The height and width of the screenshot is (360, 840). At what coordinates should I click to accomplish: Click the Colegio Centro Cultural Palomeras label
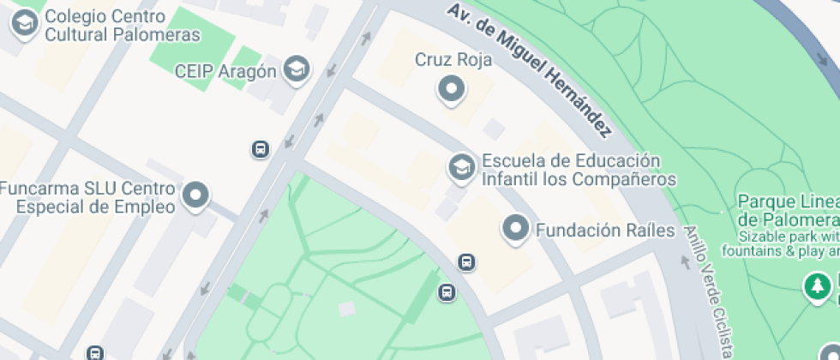(122, 25)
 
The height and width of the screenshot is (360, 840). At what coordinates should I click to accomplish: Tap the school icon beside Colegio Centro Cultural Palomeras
(25, 24)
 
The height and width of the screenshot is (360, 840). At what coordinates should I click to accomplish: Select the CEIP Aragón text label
(225, 71)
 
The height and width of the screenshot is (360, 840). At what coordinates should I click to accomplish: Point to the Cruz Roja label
(453, 59)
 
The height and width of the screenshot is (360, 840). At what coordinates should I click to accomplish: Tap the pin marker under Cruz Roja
(451, 88)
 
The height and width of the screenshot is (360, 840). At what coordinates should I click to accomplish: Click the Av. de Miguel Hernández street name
(531, 69)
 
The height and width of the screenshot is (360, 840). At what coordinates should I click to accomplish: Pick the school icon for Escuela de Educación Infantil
(462, 167)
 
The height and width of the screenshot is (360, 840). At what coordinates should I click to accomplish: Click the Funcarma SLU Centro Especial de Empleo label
(87, 197)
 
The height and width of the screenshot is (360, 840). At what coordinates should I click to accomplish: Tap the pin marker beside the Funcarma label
(197, 195)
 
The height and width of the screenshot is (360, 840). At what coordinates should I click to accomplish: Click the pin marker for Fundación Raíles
(515, 228)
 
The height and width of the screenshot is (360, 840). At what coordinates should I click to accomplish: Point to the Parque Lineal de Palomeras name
(788, 209)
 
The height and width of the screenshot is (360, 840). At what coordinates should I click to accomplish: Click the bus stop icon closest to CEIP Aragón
(261, 150)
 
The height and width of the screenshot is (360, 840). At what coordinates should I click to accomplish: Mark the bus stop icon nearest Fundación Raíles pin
(466, 261)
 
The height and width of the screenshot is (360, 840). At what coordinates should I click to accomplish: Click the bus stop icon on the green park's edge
(447, 292)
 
